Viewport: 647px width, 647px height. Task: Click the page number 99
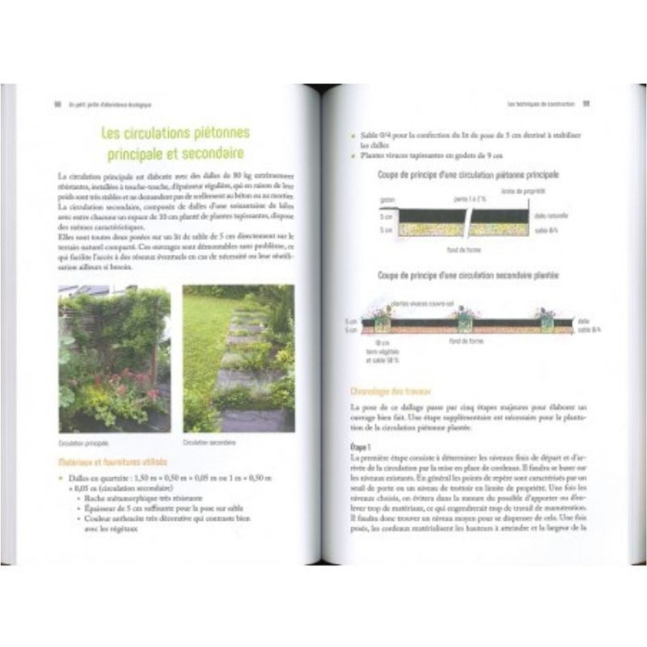(x=586, y=104)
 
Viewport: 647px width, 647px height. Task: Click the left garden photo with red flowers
(x=114, y=360)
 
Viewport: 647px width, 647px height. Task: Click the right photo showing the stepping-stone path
(x=239, y=360)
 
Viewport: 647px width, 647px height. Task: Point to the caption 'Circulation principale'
(x=84, y=443)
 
